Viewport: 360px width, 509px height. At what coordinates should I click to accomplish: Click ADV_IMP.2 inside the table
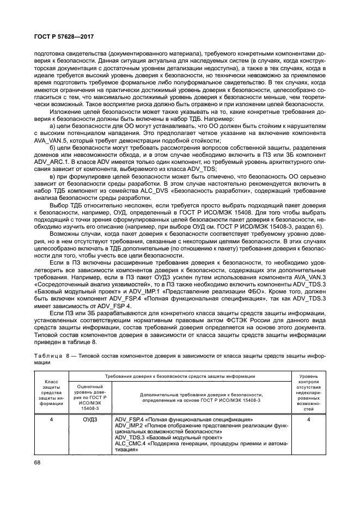click(x=129, y=428)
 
